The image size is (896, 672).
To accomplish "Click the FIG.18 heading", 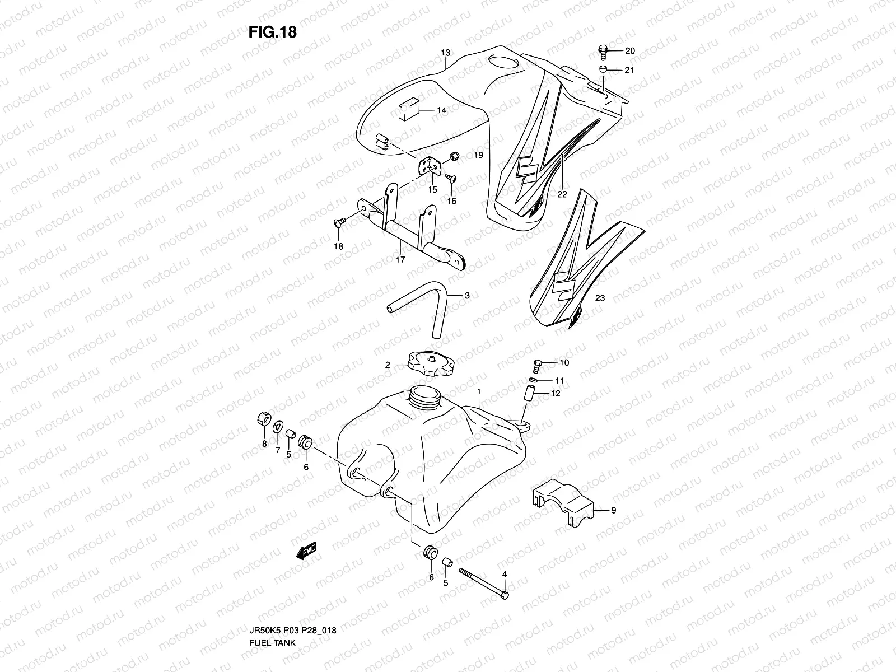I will (x=272, y=32).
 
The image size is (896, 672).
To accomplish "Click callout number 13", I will (x=445, y=53).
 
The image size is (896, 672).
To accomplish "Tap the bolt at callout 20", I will (x=603, y=52).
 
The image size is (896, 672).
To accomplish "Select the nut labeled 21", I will (x=603, y=70).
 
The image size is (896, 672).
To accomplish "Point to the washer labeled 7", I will (x=277, y=428).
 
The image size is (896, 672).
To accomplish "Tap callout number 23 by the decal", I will (x=600, y=298).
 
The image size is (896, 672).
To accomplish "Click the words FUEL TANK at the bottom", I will (x=272, y=612).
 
